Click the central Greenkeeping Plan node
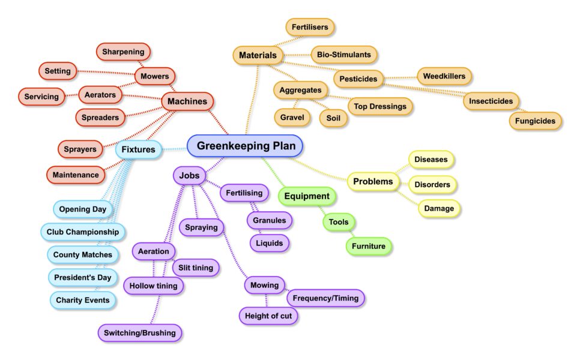point(245,146)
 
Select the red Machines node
point(187,102)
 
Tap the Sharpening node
point(123,52)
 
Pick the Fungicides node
point(536,121)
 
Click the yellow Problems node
point(373,181)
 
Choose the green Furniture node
point(369,246)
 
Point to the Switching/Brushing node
point(140,332)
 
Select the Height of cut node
point(268,316)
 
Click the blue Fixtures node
point(138,149)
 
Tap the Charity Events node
point(82,300)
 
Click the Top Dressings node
point(380,107)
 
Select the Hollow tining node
point(154,286)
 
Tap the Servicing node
point(41,97)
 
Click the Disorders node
point(433,185)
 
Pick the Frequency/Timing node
point(325,298)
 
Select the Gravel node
point(292,118)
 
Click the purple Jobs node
point(190,176)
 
